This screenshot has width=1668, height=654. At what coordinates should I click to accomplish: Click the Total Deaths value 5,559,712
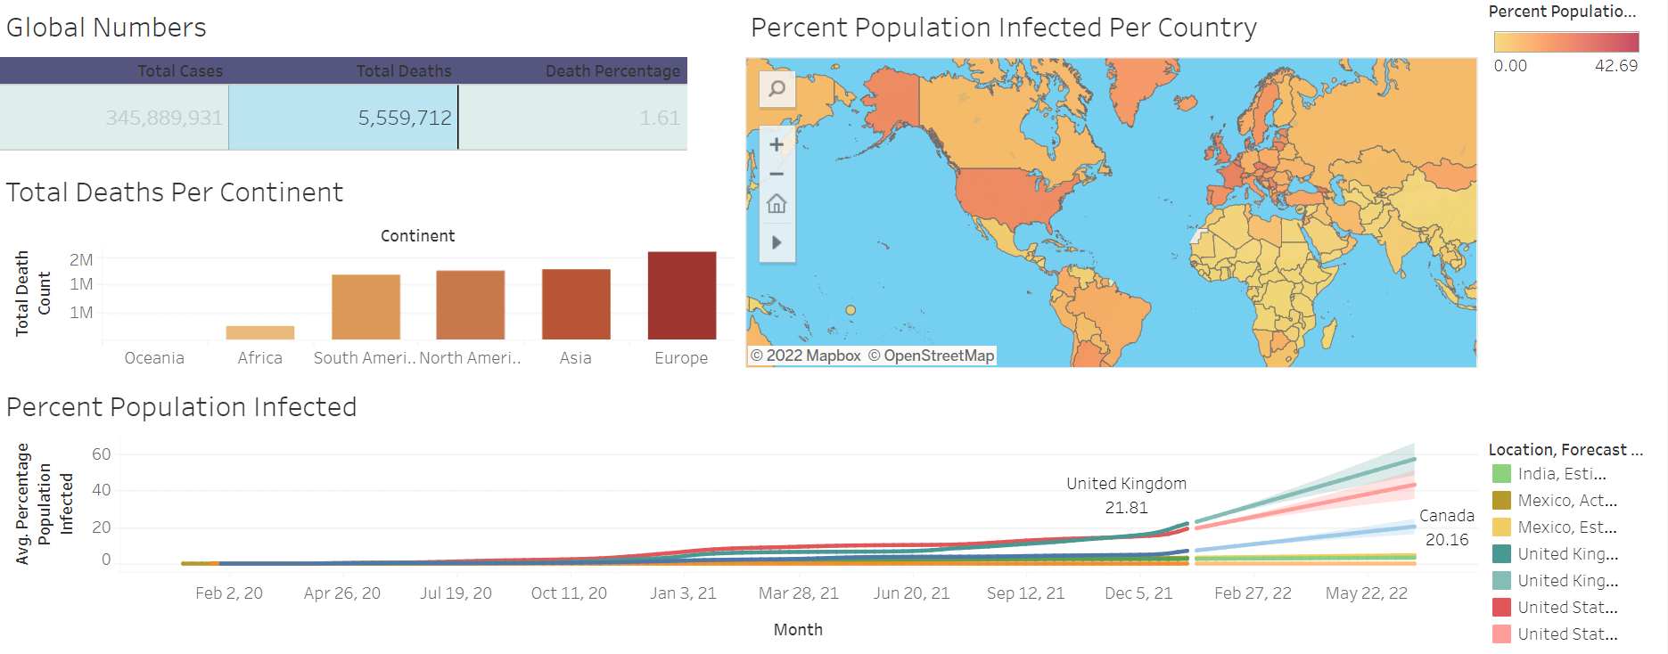404,118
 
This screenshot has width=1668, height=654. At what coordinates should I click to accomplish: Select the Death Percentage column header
612,71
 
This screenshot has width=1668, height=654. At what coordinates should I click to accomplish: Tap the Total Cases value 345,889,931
164,118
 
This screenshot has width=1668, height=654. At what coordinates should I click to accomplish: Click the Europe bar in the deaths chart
682,295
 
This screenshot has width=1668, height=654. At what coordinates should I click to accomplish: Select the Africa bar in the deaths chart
260,332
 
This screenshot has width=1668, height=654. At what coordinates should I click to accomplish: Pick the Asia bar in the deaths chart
576,304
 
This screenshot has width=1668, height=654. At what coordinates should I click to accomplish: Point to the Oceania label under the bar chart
154,358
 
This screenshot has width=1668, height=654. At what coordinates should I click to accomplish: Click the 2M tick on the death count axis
81,260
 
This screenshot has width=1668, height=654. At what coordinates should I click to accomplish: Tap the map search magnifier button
777,88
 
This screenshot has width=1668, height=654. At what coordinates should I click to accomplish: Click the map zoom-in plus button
776,144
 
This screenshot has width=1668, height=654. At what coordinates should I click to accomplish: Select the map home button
776,204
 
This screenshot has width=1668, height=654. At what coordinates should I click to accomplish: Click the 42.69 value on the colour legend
1615,66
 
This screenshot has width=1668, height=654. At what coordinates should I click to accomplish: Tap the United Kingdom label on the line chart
1126,484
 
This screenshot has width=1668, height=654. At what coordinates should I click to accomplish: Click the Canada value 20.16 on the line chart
1446,540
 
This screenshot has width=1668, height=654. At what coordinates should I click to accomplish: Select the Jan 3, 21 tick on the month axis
683,593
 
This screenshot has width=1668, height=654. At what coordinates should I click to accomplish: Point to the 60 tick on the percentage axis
102,454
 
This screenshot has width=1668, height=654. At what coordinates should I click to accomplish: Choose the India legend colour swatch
1501,474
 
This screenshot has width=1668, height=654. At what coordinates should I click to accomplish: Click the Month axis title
798,630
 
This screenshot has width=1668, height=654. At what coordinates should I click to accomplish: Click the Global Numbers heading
106,28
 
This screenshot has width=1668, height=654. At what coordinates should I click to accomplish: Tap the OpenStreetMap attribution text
931,356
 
